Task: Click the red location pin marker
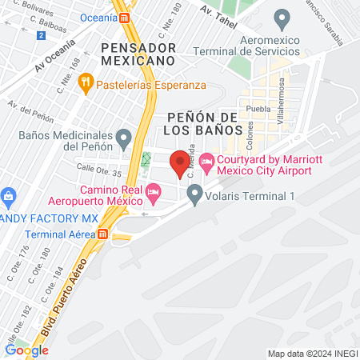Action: coord(181,162)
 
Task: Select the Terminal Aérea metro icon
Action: coord(102,234)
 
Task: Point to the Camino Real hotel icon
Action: coord(154,191)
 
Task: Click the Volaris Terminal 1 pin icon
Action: coord(194,193)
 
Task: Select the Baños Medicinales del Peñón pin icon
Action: coord(123,139)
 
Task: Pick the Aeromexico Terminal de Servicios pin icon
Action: coord(281,17)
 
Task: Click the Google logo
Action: coord(26,350)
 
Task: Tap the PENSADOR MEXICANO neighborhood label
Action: coord(138,54)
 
